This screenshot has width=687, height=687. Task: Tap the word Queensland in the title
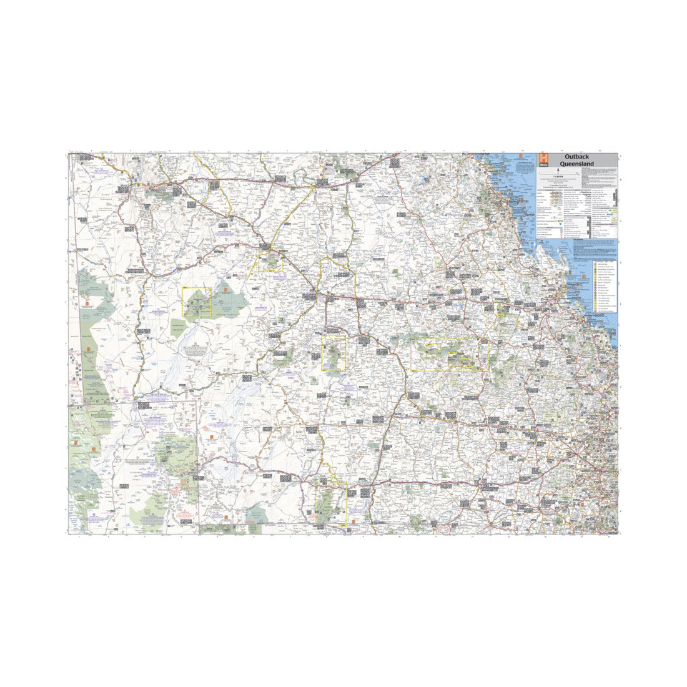coord(576,164)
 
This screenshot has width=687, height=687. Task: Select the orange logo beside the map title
coord(543,159)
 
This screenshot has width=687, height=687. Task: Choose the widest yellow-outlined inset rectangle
coord(446,355)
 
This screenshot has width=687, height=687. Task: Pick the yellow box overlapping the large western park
coord(197,303)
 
